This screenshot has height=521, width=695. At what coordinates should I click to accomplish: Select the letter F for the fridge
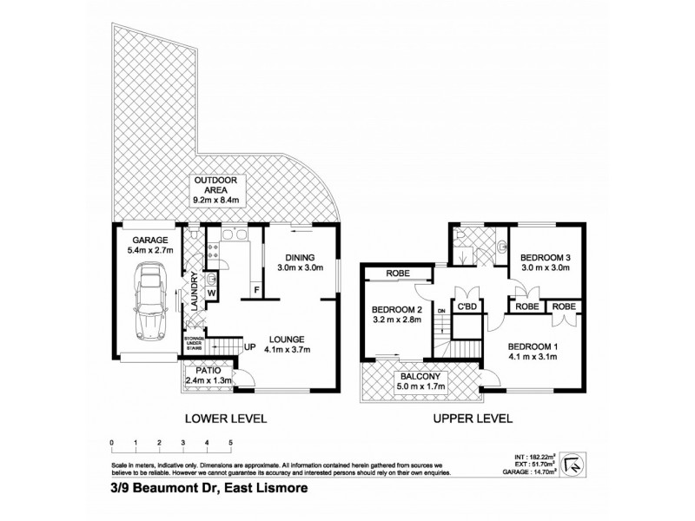[256, 289]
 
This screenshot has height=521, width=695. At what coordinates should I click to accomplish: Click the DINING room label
[299, 258]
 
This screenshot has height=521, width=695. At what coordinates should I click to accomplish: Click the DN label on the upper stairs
[441, 309]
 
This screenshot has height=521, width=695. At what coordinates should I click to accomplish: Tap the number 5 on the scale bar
[231, 443]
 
